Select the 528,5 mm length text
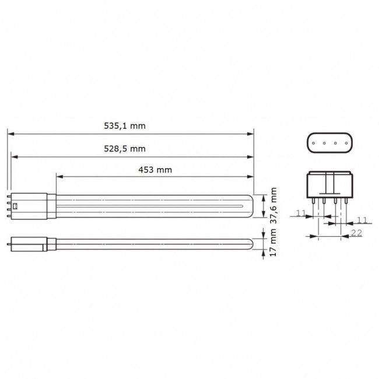pos(129,148)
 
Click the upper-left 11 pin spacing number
pos(301,214)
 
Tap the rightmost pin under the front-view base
pos(345,201)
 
